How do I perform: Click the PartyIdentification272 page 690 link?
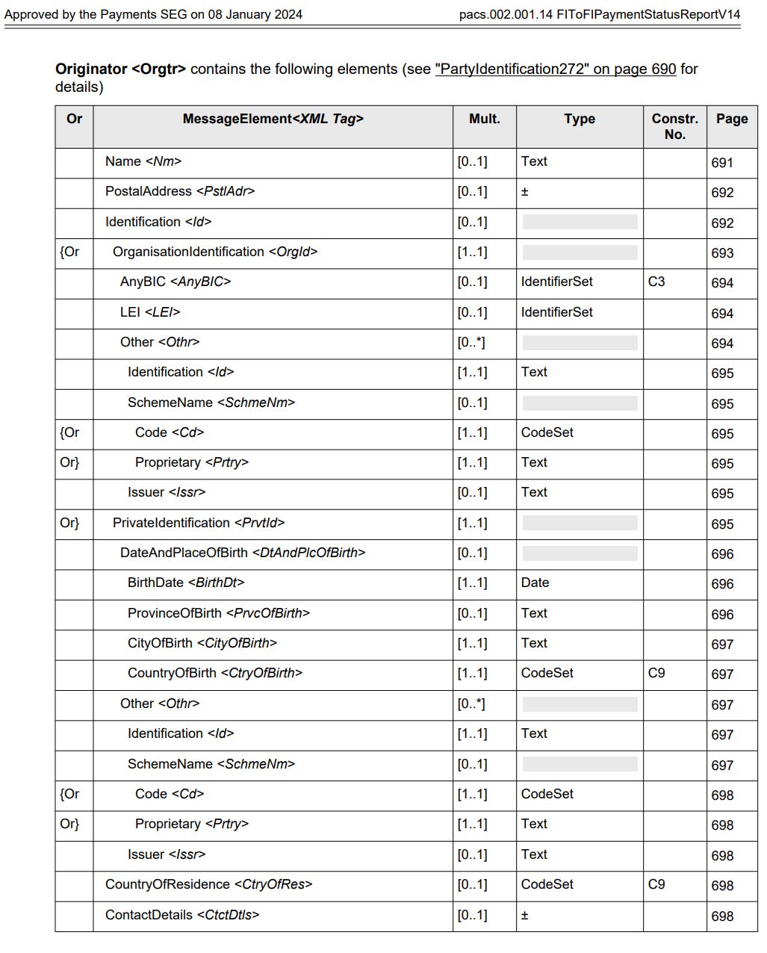pos(555,69)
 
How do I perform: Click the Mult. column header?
pos(484,119)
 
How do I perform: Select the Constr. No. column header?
pos(674,126)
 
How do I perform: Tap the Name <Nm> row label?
pos(143,161)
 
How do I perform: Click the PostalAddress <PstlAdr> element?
pos(180,191)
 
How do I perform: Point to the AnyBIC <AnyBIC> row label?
pos(176,282)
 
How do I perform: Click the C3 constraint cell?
pos(656,282)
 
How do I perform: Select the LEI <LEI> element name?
pos(150,312)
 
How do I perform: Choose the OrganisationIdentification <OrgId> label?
pos(215,252)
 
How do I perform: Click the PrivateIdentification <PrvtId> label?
pos(199,523)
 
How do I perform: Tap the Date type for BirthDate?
pos(535,583)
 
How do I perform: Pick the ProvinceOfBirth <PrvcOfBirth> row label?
pos(219,613)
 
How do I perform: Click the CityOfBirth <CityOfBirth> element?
pos(202,643)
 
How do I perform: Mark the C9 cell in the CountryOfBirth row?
pos(656,673)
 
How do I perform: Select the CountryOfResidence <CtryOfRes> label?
pos(208,884)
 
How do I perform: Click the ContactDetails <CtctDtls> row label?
pos(182,915)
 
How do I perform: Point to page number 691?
pos(722,163)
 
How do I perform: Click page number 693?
pos(722,253)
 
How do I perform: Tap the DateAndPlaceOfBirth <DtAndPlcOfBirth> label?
pos(243,553)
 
